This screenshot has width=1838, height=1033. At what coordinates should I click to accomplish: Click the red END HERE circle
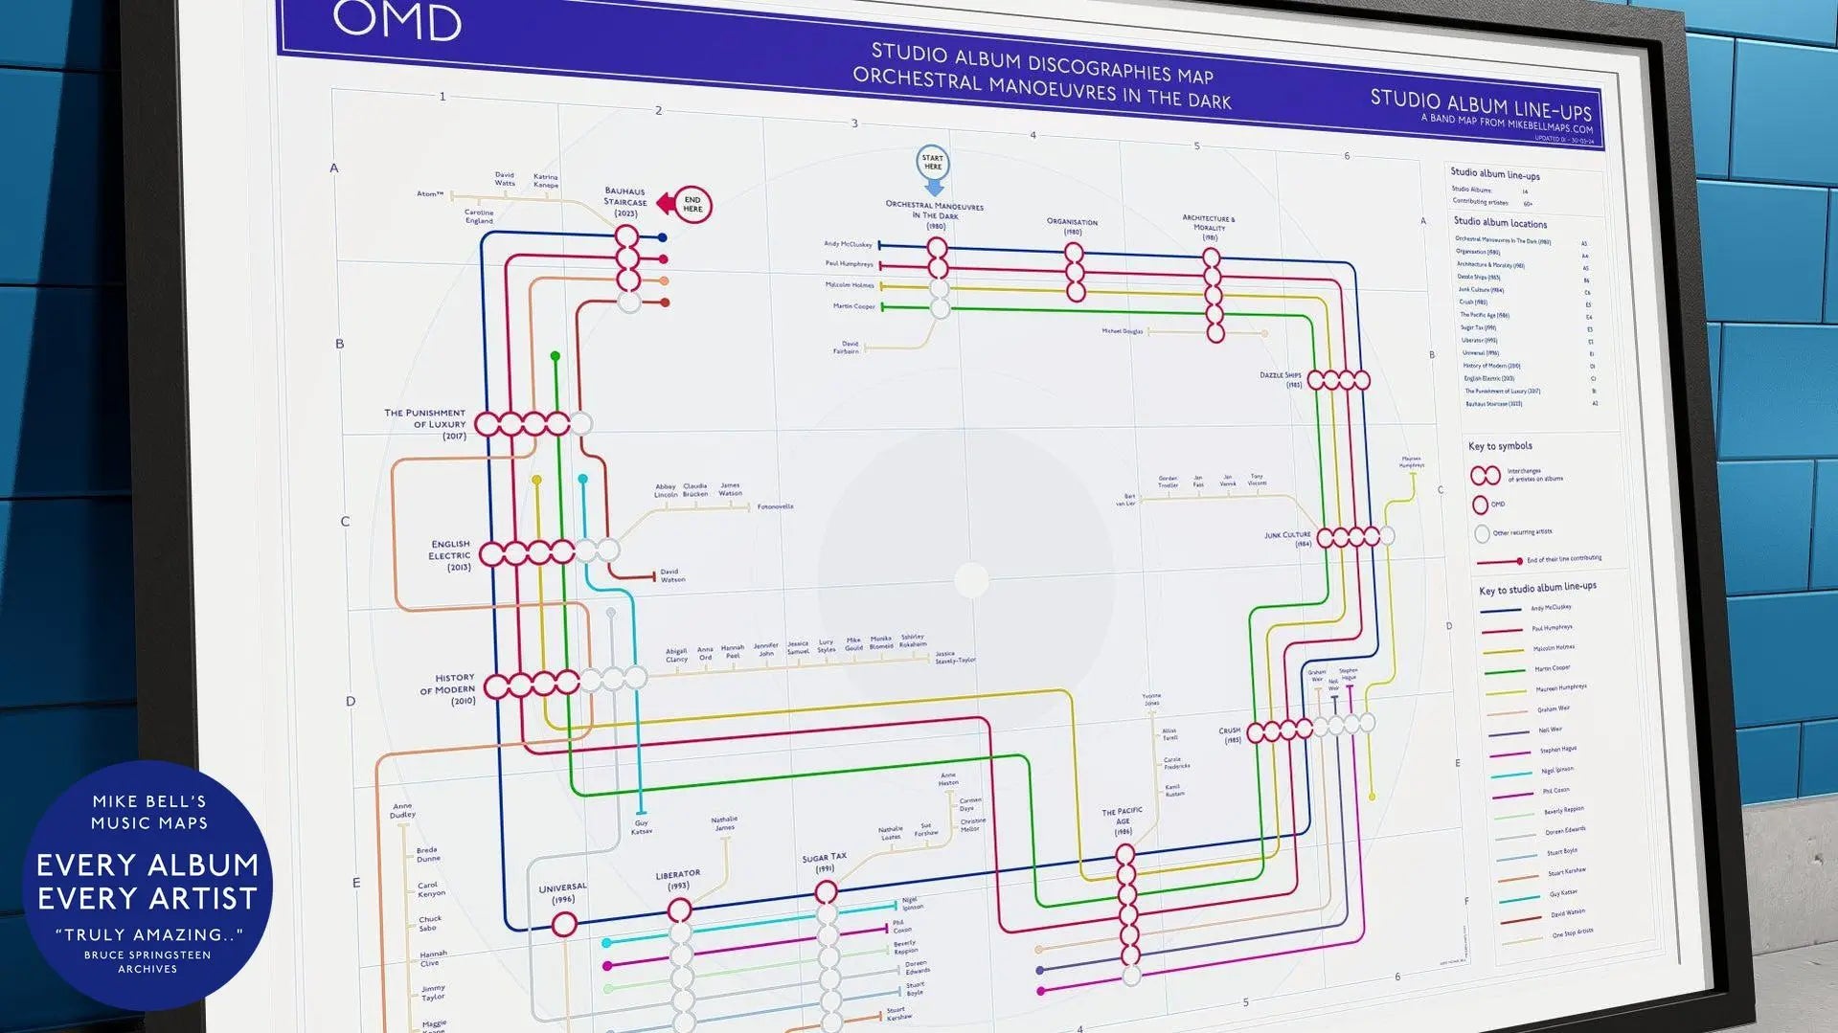[692, 205]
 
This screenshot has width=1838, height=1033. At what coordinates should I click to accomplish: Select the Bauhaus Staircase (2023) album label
[625, 202]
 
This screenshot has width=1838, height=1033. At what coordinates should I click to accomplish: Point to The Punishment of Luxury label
[425, 424]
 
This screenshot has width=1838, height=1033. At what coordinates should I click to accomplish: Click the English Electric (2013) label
[449, 555]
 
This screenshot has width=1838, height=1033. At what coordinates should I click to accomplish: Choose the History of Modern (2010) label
[447, 689]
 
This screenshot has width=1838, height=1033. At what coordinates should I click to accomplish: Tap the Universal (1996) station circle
[564, 924]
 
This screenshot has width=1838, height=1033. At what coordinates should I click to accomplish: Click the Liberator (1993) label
[677, 879]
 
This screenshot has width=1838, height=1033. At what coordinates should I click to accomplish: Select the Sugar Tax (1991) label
[825, 862]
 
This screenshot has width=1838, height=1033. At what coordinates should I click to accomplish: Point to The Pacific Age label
[1122, 820]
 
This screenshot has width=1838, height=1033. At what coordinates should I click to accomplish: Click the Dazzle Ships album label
[1281, 378]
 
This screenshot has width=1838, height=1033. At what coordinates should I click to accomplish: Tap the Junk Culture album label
[1287, 539]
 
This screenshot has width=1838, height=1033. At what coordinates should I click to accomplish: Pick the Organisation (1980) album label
[1072, 226]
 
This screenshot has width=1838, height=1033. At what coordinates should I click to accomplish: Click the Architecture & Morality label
[1209, 227]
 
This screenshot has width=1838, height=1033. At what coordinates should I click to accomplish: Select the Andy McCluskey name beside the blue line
[848, 244]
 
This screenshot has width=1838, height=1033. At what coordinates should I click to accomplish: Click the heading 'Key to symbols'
[1500, 446]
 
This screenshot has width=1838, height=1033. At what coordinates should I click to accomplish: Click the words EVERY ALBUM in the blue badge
[147, 865]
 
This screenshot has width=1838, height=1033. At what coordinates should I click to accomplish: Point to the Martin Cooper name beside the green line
[853, 306]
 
